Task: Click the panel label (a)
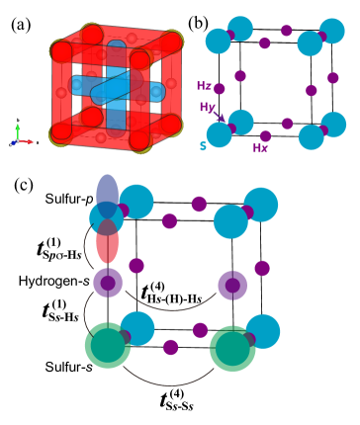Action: click(x=21, y=25)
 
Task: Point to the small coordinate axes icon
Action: click(x=21, y=134)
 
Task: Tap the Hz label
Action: click(x=204, y=87)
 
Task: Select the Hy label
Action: click(x=207, y=107)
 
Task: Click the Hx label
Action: click(x=260, y=148)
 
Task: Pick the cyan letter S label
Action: click(x=203, y=146)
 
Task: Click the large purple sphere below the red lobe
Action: click(x=107, y=283)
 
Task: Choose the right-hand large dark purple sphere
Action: click(x=232, y=285)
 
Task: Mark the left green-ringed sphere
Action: click(x=107, y=345)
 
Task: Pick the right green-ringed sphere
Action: click(x=232, y=348)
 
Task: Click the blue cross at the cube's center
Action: click(x=116, y=87)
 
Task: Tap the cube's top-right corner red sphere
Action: click(x=170, y=42)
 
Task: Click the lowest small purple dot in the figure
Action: click(x=170, y=347)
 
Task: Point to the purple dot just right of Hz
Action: click(x=219, y=89)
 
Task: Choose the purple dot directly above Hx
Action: click(x=264, y=136)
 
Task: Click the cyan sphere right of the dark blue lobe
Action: click(x=136, y=201)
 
